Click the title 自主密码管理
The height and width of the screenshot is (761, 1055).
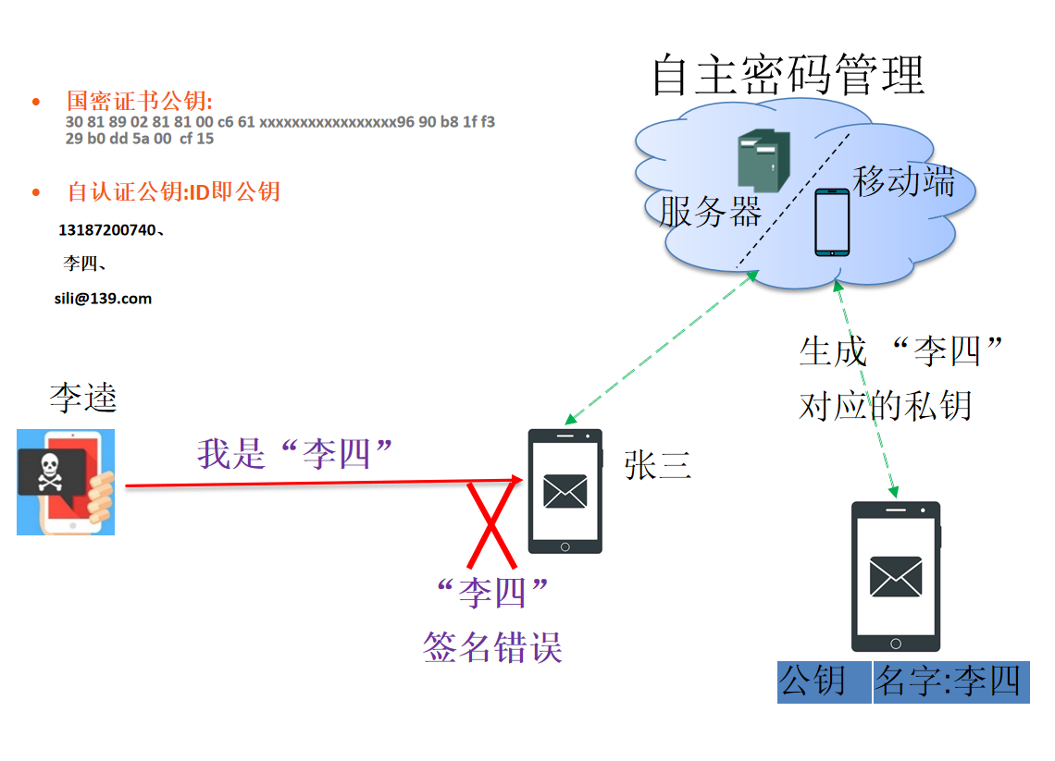(x=788, y=74)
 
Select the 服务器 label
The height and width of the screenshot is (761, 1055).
(x=710, y=211)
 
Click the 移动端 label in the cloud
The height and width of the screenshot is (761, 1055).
(x=903, y=181)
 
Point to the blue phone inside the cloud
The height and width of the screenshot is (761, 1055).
(x=831, y=222)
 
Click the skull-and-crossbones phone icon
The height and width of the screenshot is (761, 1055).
(x=66, y=482)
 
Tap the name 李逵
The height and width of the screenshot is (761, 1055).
(x=83, y=398)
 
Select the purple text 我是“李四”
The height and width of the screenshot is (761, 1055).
(x=295, y=453)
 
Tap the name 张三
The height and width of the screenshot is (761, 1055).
(x=658, y=466)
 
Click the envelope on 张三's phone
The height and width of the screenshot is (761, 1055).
(x=565, y=491)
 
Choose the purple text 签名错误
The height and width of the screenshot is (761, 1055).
(x=492, y=647)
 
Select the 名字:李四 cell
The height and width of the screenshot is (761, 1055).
(x=950, y=682)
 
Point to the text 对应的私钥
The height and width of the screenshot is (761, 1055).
(x=885, y=405)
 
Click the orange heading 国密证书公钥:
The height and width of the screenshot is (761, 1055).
(x=140, y=101)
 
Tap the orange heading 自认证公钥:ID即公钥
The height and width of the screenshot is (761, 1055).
(x=173, y=191)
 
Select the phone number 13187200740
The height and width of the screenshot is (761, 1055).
(x=109, y=230)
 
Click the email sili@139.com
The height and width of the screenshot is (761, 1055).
(x=103, y=299)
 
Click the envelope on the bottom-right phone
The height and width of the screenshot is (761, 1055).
(x=895, y=577)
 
